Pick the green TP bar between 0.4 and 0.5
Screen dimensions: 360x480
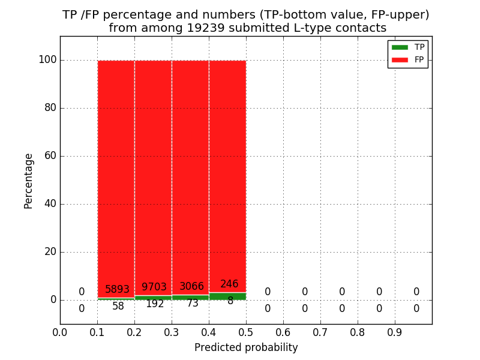[227, 296]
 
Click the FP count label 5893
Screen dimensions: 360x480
[117, 289]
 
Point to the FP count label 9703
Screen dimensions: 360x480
[154, 287]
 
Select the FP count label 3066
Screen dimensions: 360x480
[191, 287]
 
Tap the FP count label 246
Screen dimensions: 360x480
[229, 284]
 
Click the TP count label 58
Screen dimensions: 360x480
[118, 306]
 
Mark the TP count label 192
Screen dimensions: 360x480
[155, 304]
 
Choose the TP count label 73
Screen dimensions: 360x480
[192, 304]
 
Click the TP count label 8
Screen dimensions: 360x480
[230, 301]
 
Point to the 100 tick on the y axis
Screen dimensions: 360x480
[47, 60]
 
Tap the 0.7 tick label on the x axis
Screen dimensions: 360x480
[320, 332]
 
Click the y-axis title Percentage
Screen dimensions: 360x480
[28, 181]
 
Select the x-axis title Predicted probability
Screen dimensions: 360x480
[246, 347]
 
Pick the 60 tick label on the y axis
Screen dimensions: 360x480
[50, 156]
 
